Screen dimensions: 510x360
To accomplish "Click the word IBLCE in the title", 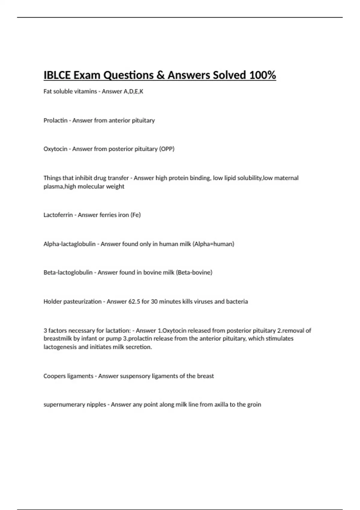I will [57, 75].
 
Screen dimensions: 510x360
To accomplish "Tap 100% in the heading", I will [262, 75].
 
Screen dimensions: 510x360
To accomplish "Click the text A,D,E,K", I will [133, 91].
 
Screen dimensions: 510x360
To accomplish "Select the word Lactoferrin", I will [58, 215].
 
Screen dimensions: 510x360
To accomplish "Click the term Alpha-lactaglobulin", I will [70, 244].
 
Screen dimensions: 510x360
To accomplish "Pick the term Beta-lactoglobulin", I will [68, 273].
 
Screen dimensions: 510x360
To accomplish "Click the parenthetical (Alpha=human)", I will [213, 244].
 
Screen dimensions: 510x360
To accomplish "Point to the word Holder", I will [52, 302].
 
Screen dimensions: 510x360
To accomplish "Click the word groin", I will [254, 405].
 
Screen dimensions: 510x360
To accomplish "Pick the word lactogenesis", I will [60, 347].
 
